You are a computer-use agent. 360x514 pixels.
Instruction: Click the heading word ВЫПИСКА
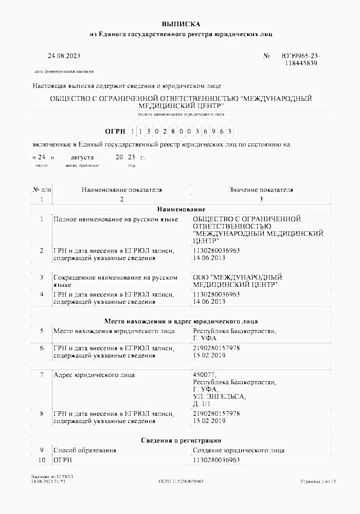[181, 24]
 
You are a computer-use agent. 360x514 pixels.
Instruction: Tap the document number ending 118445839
[300, 63]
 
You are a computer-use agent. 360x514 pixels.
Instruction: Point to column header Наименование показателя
[122, 190]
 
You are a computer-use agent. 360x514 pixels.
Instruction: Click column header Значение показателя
[261, 190]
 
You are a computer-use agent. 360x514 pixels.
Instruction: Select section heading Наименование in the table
[181, 209]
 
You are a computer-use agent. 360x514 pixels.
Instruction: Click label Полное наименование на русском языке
[116, 219]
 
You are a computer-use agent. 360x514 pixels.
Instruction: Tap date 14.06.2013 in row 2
[208, 258]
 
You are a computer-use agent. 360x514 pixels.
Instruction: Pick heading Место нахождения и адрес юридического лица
[181, 321]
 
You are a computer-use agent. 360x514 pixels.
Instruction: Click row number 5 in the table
[42, 332]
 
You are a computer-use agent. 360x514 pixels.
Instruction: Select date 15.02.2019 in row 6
[208, 355]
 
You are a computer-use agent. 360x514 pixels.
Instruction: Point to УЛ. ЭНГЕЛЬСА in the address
[216, 397]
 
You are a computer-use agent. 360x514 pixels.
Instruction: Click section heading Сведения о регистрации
[181, 440]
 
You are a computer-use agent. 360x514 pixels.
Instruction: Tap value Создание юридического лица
[238, 450]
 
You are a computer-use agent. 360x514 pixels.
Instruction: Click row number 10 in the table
[42, 460]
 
